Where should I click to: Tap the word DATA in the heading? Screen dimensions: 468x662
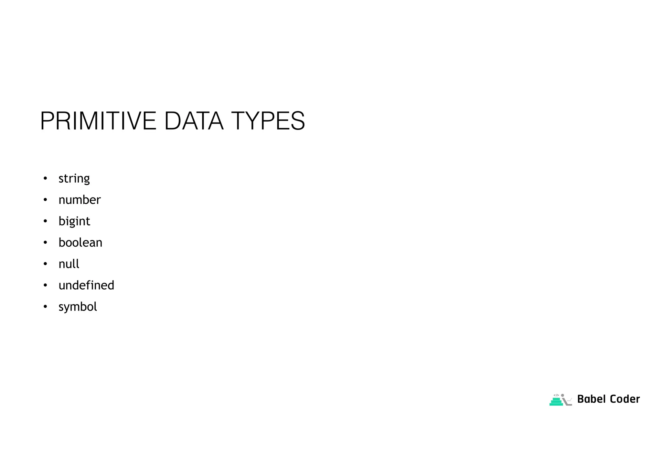[x=194, y=121]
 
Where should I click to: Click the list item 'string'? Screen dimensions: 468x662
[x=74, y=178]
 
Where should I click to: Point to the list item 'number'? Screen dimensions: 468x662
[x=80, y=200]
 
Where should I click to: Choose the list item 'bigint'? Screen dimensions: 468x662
[x=74, y=221]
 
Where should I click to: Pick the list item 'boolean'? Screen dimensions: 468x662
[x=80, y=242]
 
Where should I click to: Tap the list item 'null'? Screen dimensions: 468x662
[x=69, y=264]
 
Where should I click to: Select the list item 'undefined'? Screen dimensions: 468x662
[x=86, y=285]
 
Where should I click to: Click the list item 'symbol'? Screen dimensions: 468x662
[x=78, y=307]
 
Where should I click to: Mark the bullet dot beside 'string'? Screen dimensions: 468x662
[x=45, y=178]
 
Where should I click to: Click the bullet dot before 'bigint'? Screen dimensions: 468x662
[x=45, y=221]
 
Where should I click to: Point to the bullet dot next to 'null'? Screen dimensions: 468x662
[x=45, y=264]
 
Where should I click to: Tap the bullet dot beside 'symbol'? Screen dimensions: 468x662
[x=45, y=307]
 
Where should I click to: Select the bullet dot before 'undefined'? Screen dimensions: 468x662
[x=45, y=285]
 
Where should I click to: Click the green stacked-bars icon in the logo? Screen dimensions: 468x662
[x=556, y=401]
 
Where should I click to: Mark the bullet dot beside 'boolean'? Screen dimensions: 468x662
[x=45, y=242]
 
